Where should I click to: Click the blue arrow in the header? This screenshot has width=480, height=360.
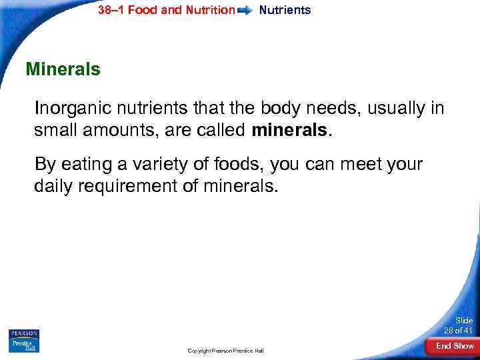pos(246,11)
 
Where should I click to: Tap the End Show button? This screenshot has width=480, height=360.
pos(455,345)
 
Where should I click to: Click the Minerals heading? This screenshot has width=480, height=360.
pos(63,69)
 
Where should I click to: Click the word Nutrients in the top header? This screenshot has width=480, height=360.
pos(285,10)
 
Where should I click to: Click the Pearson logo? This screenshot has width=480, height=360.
pos(25,333)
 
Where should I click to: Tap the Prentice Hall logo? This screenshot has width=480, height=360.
pos(25,345)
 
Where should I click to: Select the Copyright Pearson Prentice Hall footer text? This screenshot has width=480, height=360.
pos(225,350)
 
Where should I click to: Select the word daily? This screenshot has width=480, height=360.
pos(54,186)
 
